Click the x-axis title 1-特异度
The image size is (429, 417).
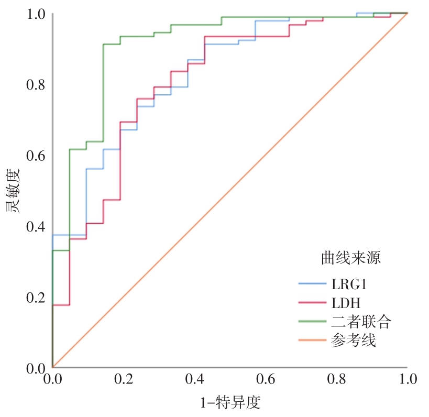point(230,403)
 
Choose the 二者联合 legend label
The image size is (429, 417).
point(361,322)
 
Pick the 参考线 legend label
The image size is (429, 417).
point(354,341)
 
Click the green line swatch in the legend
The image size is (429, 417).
point(313,322)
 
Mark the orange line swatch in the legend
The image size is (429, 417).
point(313,341)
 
